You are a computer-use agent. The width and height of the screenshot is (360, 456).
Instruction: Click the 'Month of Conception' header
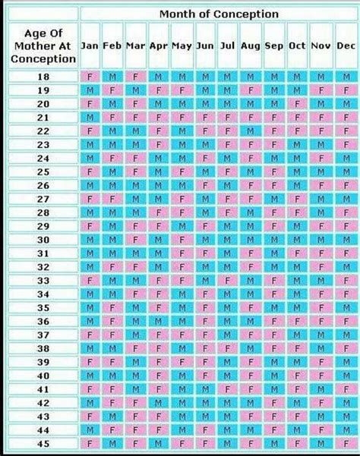tap(218, 14)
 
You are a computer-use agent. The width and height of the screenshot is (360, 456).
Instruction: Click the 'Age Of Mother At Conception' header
tap(43, 46)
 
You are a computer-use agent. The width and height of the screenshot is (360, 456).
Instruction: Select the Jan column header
tap(90, 46)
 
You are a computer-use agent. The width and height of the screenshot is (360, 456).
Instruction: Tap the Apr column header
tap(159, 46)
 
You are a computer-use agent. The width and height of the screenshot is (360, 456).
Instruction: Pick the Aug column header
tap(251, 46)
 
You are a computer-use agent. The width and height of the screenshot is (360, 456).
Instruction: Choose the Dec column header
tap(346, 46)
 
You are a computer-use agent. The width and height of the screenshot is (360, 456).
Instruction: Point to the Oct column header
tap(297, 46)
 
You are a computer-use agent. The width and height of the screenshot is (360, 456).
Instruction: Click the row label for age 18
tap(43, 77)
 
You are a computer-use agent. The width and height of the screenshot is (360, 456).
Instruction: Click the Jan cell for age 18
tap(90, 77)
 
